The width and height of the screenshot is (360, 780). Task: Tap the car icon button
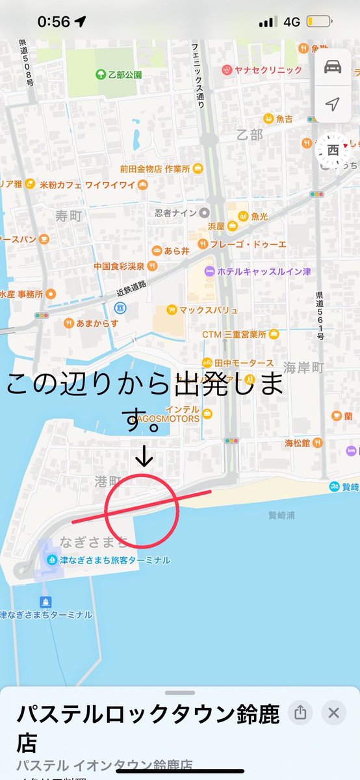coord(333,67)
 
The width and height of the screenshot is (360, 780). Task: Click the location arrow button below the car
coord(333,104)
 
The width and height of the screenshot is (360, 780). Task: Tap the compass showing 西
coord(333,150)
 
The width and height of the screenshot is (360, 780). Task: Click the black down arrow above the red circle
coord(145,458)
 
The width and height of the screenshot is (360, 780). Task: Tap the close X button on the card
coord(334,713)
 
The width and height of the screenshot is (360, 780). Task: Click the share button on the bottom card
coord(300,713)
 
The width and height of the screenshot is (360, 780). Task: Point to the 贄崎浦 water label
coord(282,515)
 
